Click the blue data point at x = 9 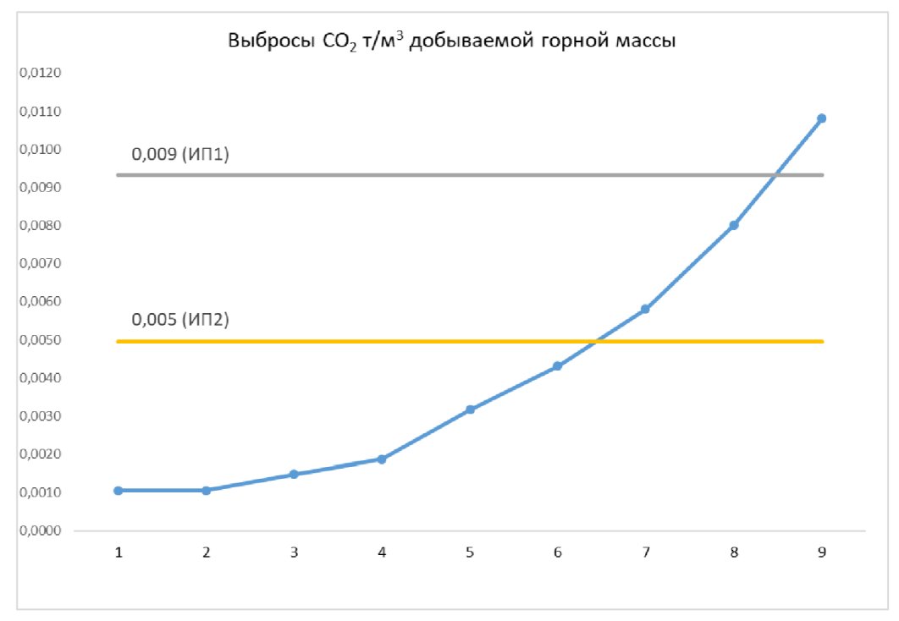pos(821,118)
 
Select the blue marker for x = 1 pos(119,491)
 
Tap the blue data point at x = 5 pos(470,409)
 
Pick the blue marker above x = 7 pos(645,310)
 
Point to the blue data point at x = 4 pos(382,459)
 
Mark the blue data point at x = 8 pos(734,225)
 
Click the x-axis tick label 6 pos(558,552)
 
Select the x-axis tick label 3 pos(294,552)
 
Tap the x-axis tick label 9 pos(821,552)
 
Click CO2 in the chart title pos(340,43)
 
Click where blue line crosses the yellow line pos(597,341)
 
